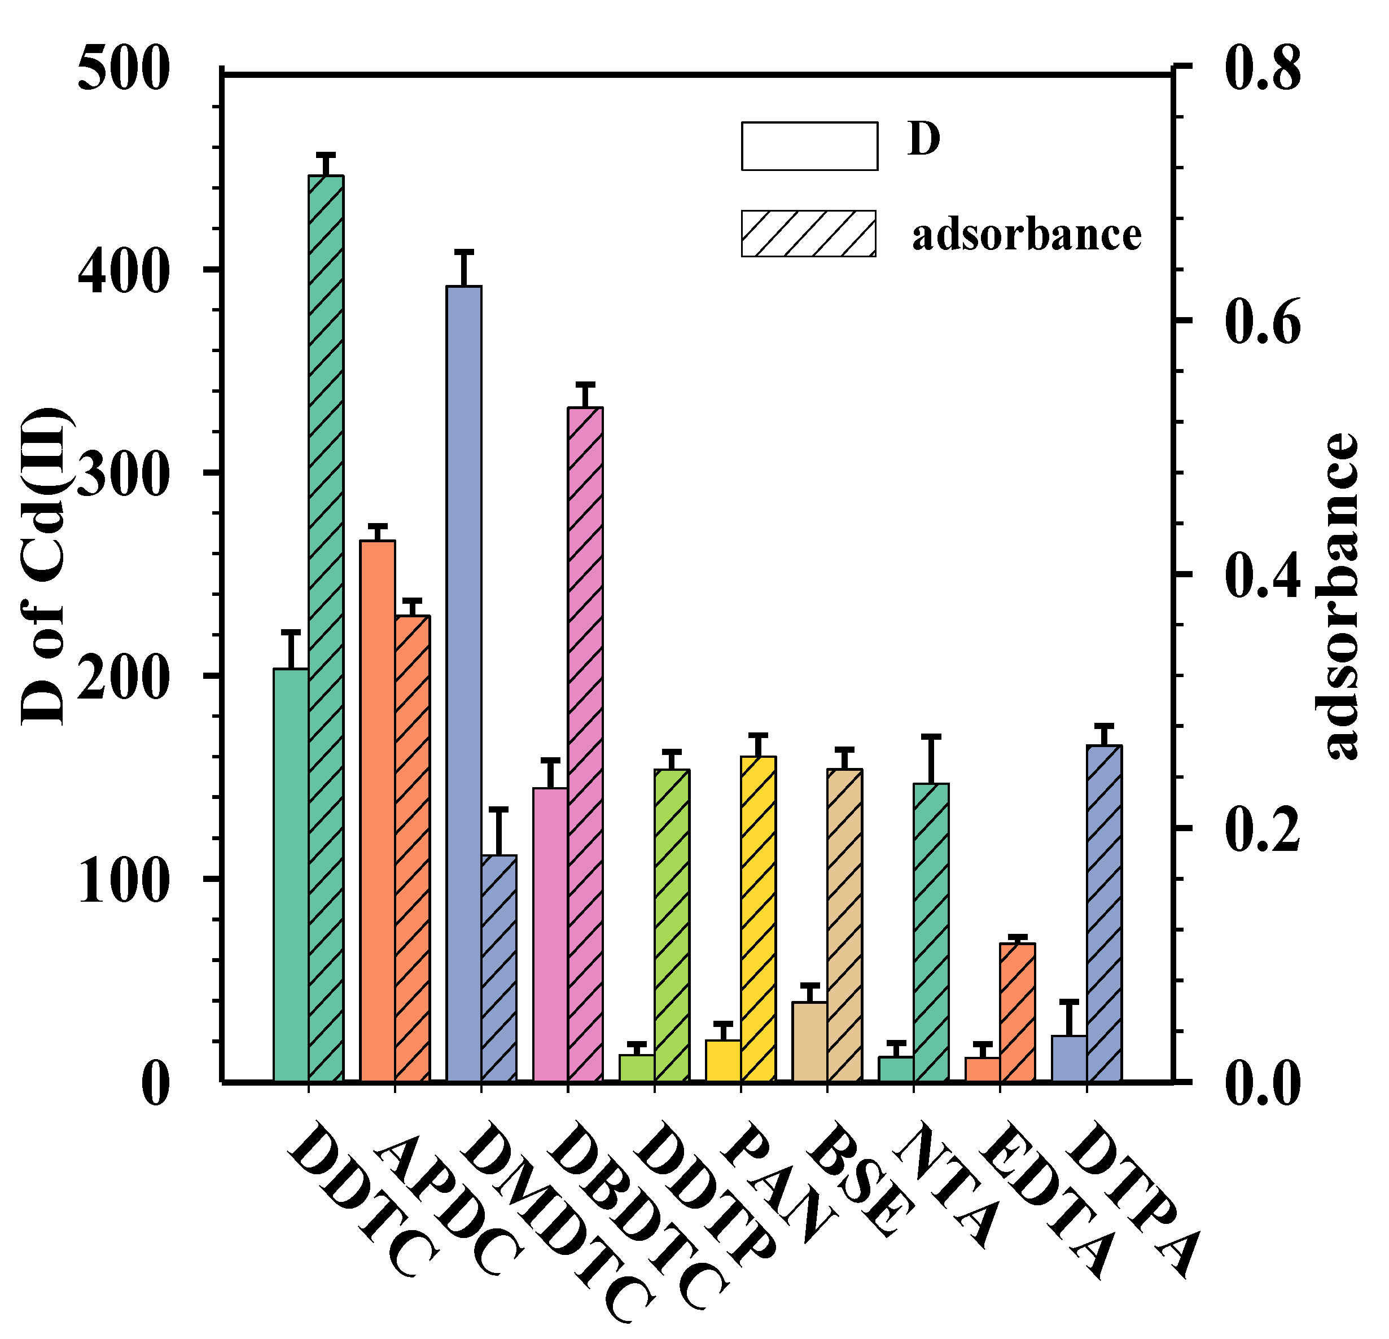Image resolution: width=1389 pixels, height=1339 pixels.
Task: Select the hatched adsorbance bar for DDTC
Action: coord(326,630)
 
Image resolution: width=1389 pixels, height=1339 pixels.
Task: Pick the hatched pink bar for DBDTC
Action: coord(585,744)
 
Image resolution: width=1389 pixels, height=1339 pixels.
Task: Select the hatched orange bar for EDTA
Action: coord(1018,1013)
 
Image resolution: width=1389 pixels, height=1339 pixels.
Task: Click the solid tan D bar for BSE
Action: coord(809,1042)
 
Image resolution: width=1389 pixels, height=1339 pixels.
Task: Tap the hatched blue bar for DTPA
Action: coord(1104,914)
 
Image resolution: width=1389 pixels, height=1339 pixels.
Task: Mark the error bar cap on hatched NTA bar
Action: coord(931,737)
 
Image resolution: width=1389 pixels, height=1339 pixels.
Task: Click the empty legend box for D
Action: coord(809,146)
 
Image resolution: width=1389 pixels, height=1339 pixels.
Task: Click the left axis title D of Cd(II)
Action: coord(44,567)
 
